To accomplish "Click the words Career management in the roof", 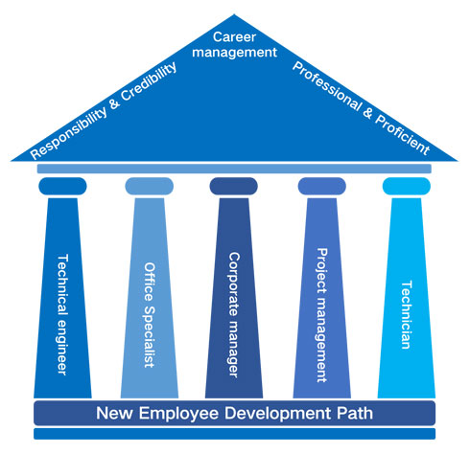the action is tap(234, 45).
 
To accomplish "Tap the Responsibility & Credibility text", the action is tap(104, 110).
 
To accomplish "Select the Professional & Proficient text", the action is tap(362, 108).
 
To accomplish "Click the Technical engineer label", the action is tap(62, 314).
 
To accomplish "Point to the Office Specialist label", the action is tap(150, 315).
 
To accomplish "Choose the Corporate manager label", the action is tap(234, 315).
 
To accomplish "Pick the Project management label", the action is tap(321, 315).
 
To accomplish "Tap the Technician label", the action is tap(406, 315).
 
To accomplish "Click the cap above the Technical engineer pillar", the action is tap(62, 186).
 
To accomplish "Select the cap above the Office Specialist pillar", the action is tap(150, 186).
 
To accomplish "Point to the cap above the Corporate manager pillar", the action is tap(234, 186).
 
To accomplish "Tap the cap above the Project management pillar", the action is tap(322, 186).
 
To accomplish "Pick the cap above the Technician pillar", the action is tap(407, 186).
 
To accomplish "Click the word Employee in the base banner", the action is tap(178, 414).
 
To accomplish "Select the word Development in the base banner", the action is tap(278, 414).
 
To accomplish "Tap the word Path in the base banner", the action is tap(355, 413).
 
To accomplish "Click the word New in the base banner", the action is tap(114, 413).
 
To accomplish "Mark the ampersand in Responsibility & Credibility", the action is tap(114, 103).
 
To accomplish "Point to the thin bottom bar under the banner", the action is tap(235, 434).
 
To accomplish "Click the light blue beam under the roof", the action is tap(234, 169).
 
